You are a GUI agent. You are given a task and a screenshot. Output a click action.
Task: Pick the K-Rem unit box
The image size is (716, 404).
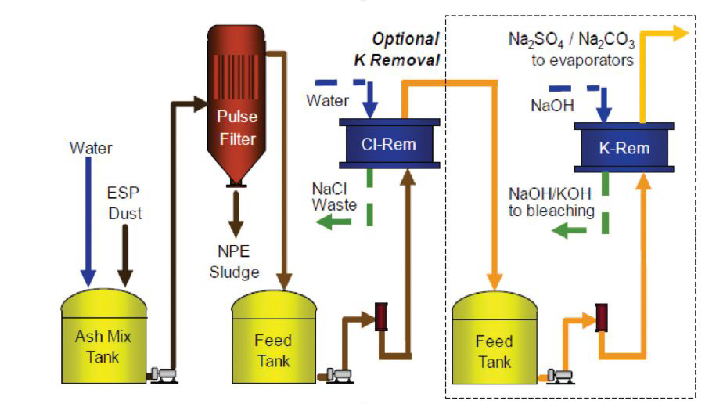click(x=624, y=147)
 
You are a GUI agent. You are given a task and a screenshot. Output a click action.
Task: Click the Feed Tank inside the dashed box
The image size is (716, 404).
click(x=494, y=344)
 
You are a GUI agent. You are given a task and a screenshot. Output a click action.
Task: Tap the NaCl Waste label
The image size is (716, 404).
click(x=335, y=197)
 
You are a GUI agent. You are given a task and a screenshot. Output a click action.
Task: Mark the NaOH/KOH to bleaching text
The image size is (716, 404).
click(x=551, y=203)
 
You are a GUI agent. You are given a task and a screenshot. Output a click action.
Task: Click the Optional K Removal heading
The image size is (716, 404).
click(x=405, y=49)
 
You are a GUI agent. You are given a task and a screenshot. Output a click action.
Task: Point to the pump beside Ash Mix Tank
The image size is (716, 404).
click(x=164, y=374)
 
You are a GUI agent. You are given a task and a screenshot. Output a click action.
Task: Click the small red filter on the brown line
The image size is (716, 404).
click(x=382, y=317)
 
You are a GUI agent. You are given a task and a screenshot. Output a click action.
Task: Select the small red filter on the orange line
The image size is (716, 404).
click(x=603, y=317)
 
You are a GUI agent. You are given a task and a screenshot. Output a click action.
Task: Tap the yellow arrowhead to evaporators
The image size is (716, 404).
click(x=679, y=34)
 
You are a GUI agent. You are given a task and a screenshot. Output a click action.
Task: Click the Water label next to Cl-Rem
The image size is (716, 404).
click(x=328, y=101)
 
